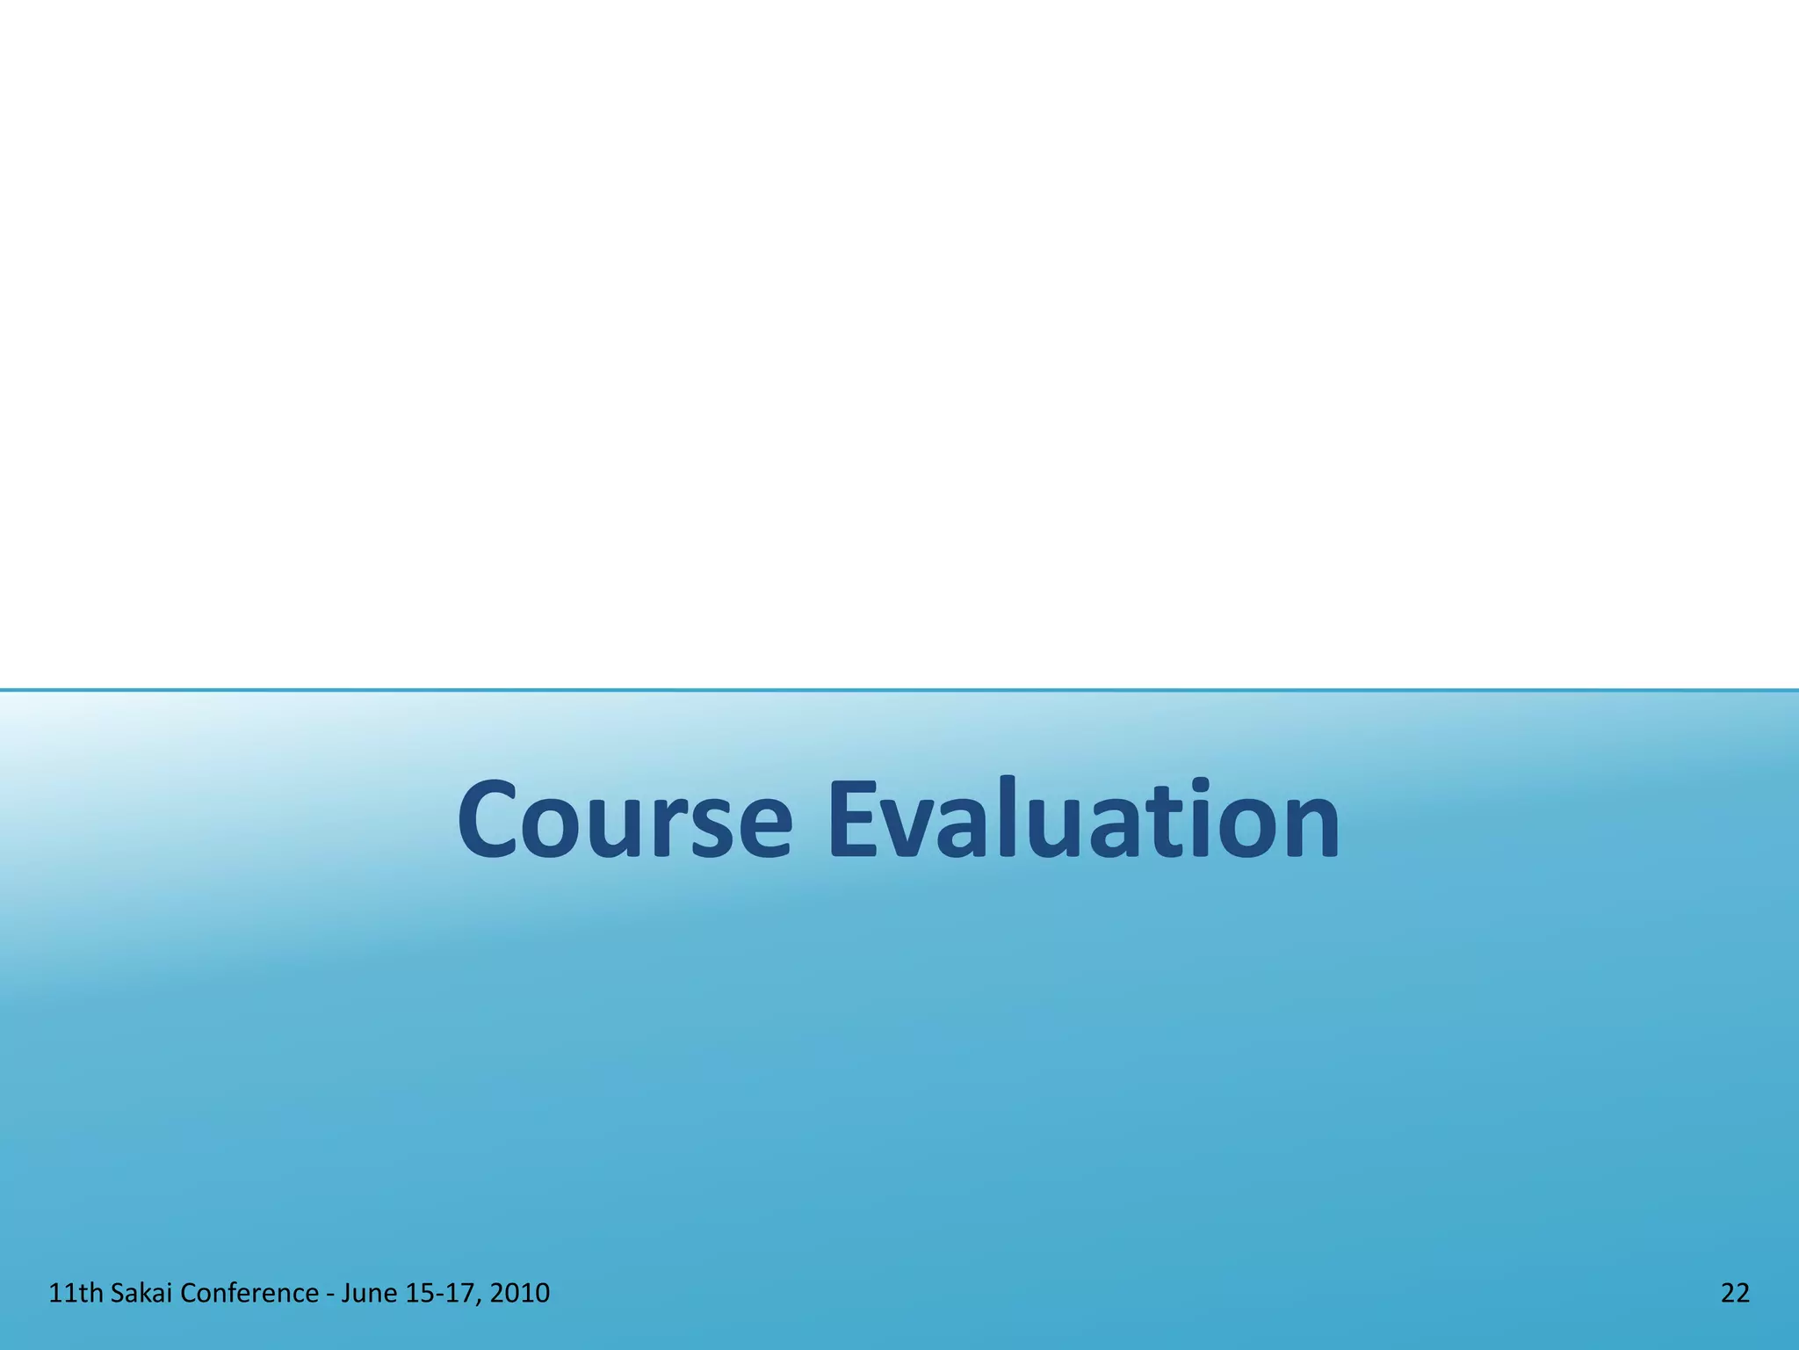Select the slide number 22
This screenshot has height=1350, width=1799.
coord(1735,1293)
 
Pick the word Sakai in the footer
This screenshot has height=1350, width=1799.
coord(141,1293)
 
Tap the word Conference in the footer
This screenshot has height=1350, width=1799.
coord(249,1293)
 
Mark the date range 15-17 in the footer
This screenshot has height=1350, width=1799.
coord(442,1293)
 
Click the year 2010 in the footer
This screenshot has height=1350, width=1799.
coord(520,1293)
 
